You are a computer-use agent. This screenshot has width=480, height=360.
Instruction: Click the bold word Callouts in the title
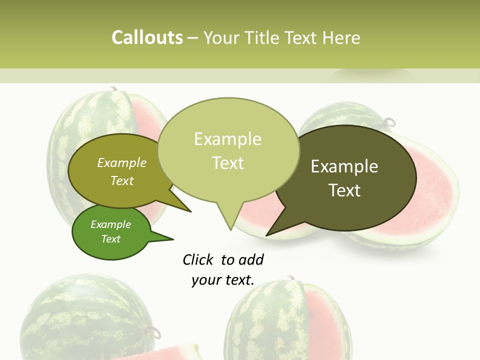(147, 38)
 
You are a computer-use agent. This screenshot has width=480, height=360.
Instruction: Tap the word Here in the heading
(342, 38)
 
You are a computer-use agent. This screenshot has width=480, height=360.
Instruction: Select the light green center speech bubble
(228, 150)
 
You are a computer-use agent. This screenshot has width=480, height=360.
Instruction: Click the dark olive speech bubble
(345, 178)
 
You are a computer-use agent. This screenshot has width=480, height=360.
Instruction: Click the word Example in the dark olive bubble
(344, 166)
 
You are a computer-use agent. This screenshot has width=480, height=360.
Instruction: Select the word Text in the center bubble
(228, 163)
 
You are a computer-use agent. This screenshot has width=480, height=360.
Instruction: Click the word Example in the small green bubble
(110, 224)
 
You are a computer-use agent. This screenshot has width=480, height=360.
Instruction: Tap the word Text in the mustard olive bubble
(122, 181)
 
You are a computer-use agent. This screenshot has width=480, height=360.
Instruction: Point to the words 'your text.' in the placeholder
(223, 280)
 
